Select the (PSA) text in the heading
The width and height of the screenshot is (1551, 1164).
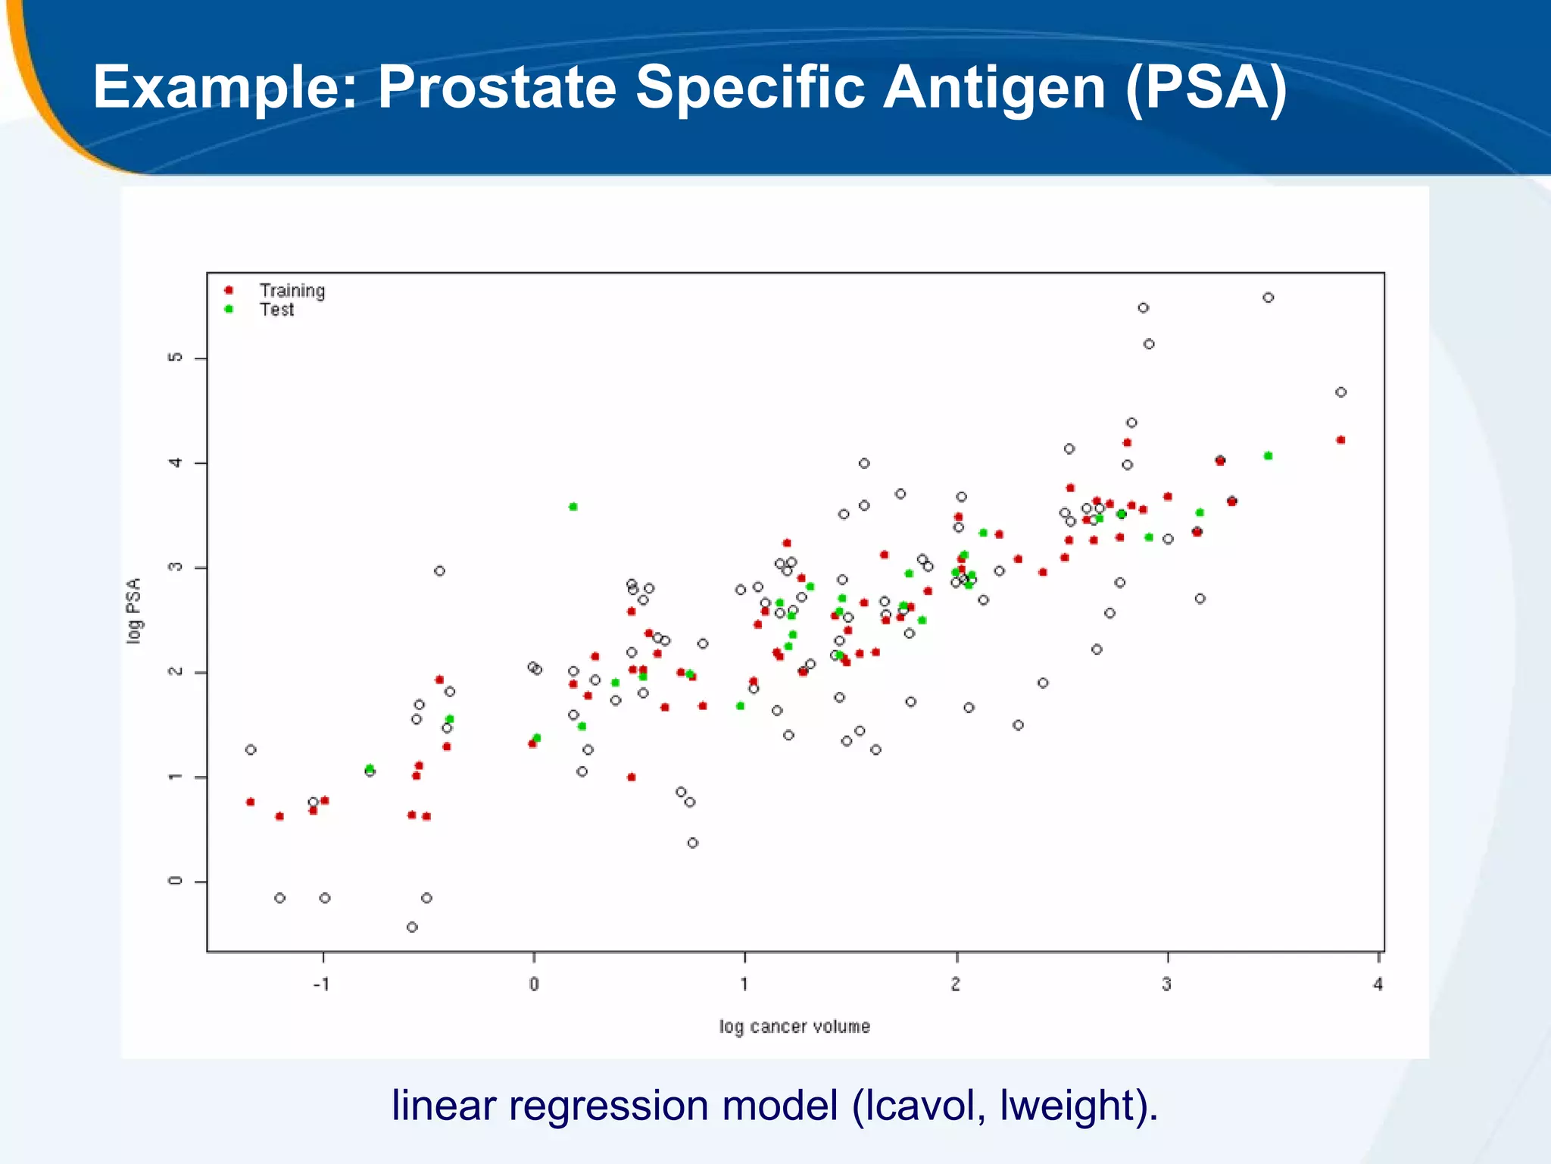click(x=1206, y=87)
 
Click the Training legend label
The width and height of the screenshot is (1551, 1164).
click(x=292, y=290)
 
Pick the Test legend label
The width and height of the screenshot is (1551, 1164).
click(x=276, y=309)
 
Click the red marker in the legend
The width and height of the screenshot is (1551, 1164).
click(x=229, y=290)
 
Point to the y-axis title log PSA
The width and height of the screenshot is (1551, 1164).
click(x=134, y=611)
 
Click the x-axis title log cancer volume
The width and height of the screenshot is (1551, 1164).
click(x=794, y=1027)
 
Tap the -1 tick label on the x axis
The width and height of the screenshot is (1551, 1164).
click(x=322, y=984)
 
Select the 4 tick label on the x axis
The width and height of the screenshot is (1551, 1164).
click(x=1378, y=984)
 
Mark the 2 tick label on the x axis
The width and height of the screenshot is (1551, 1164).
click(x=956, y=984)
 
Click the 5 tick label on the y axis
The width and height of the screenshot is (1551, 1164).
click(x=176, y=358)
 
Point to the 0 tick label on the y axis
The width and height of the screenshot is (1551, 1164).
click(x=176, y=881)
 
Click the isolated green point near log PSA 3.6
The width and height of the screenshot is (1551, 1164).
click(x=573, y=506)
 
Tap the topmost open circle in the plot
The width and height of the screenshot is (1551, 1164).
click(x=1269, y=298)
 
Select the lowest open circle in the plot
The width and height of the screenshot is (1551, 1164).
click(x=412, y=927)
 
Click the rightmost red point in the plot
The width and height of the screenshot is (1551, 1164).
click(x=1340, y=440)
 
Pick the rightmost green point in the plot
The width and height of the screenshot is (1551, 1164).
click(x=1269, y=455)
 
